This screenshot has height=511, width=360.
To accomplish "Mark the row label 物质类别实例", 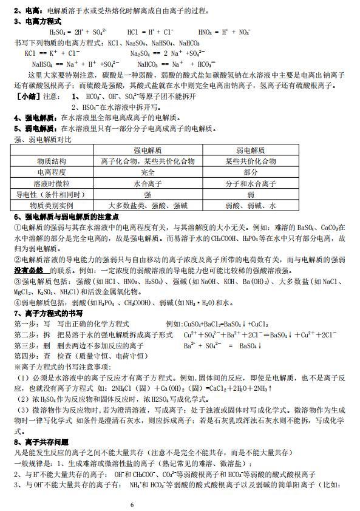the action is (x=52, y=206).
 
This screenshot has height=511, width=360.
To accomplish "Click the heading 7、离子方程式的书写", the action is (x=49, y=313).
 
